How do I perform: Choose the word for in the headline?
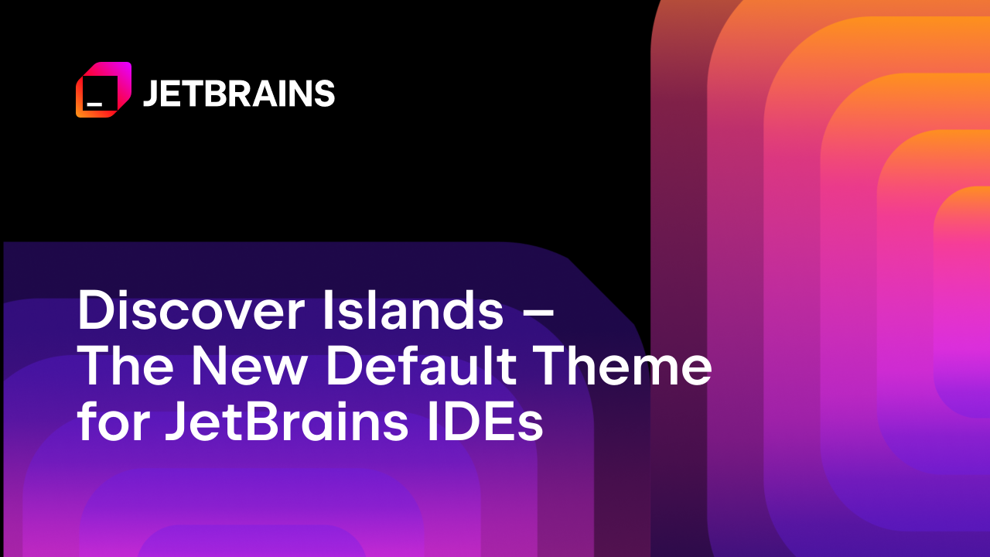click(x=111, y=423)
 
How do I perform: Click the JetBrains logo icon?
click(x=103, y=90)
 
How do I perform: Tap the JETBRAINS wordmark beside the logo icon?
click(x=238, y=94)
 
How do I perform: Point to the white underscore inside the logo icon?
click(x=94, y=102)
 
